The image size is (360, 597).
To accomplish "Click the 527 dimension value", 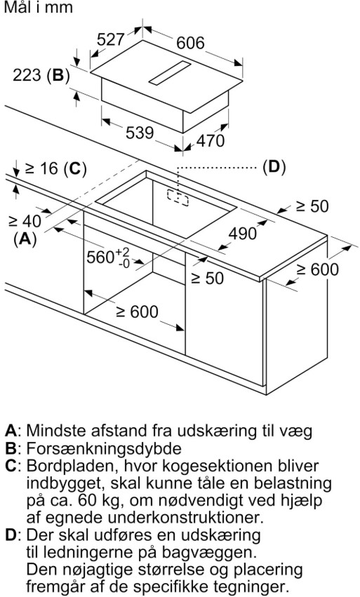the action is [x=111, y=39].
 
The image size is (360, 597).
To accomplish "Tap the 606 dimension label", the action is [x=190, y=43].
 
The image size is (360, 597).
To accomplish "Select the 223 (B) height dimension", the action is [x=41, y=74].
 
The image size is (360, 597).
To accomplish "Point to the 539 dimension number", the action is [x=140, y=132].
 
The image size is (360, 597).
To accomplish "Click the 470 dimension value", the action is [x=211, y=140].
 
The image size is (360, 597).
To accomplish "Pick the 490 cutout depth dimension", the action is [x=243, y=233].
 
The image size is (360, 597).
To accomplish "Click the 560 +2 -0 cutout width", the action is [x=108, y=257].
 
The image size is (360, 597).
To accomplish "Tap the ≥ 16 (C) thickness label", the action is [x=55, y=168].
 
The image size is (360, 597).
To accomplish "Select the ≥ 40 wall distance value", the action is [x=25, y=220].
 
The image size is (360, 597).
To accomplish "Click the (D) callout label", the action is [x=274, y=167].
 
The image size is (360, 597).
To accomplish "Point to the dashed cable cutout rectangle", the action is [x=178, y=198].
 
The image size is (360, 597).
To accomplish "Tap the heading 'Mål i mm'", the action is [x=38, y=8].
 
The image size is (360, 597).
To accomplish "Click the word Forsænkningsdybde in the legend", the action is [x=104, y=448].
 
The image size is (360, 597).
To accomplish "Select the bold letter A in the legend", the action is [x=11, y=431].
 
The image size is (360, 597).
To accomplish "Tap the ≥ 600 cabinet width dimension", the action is [x=137, y=311].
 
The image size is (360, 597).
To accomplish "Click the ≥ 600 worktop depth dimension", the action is [x=318, y=269].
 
